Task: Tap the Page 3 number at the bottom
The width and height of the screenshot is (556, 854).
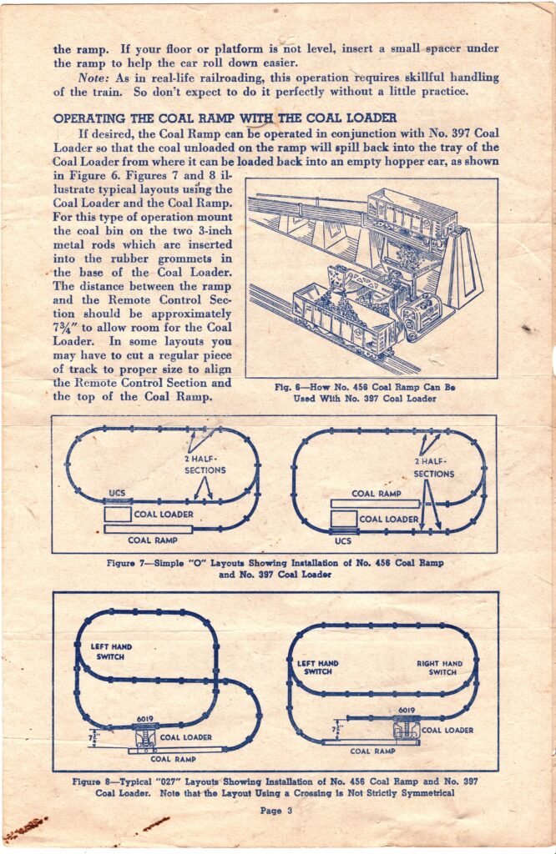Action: pos(276,811)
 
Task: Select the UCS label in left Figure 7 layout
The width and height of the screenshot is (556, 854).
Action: pos(117,493)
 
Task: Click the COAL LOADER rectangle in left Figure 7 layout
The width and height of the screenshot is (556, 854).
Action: pos(118,514)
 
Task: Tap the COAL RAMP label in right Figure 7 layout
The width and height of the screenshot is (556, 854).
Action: pos(377,494)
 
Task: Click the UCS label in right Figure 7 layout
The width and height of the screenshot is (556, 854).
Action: pos(343,540)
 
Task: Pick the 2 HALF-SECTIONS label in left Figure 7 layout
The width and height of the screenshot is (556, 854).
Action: pos(205,465)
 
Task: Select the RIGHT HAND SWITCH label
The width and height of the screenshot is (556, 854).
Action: pos(440,668)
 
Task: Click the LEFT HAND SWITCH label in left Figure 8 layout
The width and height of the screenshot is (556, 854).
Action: pos(111,651)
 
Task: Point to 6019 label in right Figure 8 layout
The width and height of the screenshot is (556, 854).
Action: pos(407,711)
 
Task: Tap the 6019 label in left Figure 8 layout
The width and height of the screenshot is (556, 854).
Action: pos(145,719)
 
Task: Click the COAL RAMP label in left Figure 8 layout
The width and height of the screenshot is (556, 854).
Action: pos(174,759)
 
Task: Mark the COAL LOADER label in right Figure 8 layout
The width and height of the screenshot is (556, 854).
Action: pos(447,731)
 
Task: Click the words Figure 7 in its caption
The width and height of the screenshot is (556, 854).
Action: pos(125,563)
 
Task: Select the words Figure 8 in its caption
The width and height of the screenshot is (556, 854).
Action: pos(90,781)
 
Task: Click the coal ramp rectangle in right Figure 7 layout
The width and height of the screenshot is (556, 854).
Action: pos(375,504)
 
